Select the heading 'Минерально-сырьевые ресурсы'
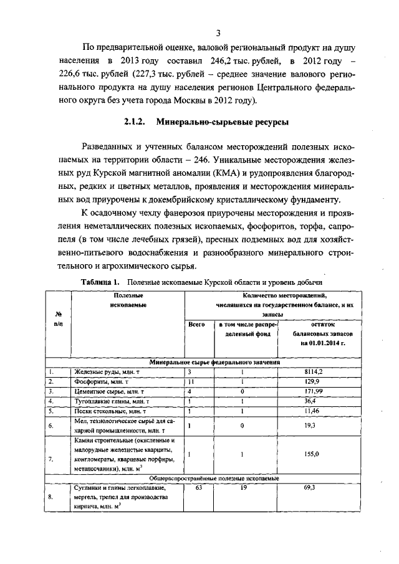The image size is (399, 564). (221, 123)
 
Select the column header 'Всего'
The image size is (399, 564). (196, 324)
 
